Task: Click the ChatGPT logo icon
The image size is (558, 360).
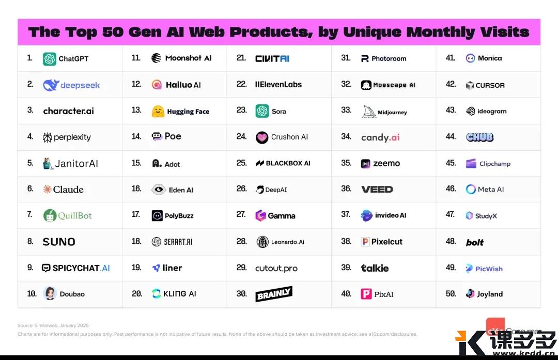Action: pos(50,59)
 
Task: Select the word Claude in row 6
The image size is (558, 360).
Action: pos(68,190)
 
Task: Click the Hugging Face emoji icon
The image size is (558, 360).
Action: pos(158,112)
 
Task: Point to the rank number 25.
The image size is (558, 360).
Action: pos(241,163)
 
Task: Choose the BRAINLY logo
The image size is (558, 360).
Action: pos(274,294)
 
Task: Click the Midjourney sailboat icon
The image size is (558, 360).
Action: pos(368,112)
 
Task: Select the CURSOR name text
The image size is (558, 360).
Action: pos(490,85)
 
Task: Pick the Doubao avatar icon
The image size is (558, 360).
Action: pos(50,294)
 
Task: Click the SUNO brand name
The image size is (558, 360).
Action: pos(59,242)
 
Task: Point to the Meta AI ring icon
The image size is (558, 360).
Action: pos(471,190)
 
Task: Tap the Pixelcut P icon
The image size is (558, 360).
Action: pos(365,242)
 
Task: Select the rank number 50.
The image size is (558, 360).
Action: pos(451,294)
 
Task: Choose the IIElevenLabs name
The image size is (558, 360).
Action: pos(278,85)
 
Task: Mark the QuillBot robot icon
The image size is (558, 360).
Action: pos(50,215)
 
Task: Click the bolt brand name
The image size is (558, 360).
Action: pos(475,242)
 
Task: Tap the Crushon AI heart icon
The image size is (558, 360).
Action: pos(262,137)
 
